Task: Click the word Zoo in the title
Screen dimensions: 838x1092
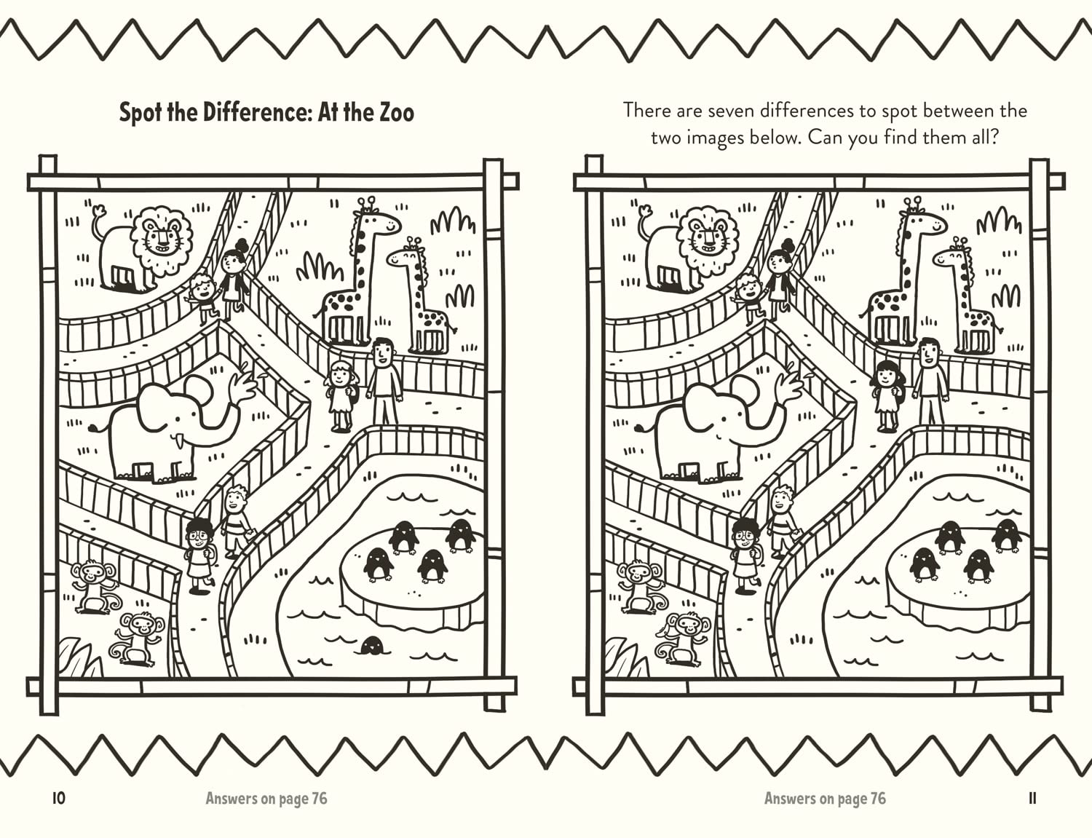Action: click(x=396, y=113)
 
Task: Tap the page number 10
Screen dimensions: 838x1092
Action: click(x=59, y=798)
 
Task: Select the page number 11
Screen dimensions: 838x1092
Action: click(x=1032, y=798)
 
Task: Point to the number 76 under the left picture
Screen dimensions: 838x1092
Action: click(x=319, y=799)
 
